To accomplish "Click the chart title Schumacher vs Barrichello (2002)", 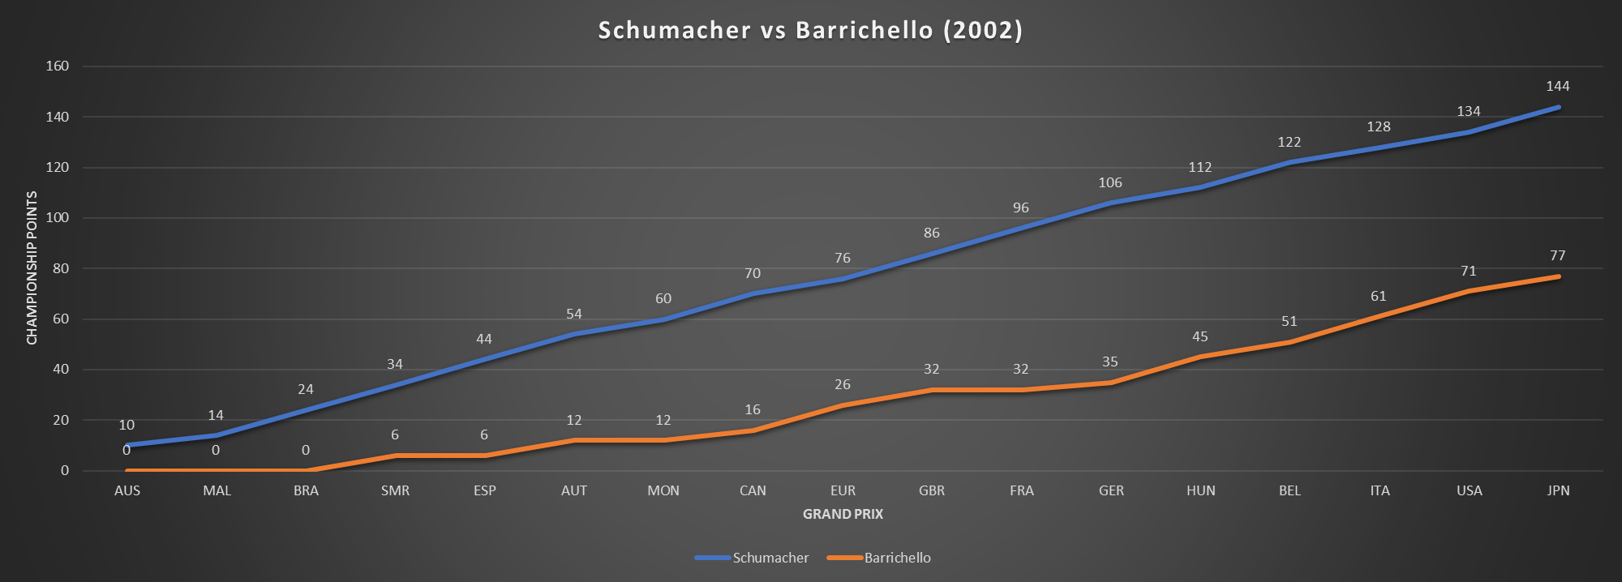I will (810, 30).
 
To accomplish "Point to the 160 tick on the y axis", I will (58, 66).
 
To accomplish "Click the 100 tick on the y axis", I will (58, 218).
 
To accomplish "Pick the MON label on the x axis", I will (663, 490).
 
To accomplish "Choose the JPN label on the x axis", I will (1558, 490).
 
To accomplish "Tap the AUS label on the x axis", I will (127, 490).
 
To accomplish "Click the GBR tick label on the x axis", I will (932, 490).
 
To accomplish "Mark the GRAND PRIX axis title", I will (843, 514).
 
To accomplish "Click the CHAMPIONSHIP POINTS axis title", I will (32, 267).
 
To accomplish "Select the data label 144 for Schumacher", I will (1557, 86).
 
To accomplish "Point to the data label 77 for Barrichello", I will (1557, 255).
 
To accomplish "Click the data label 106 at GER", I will (1110, 182).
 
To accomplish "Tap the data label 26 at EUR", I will (843, 384).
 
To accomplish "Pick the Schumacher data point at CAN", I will (753, 293).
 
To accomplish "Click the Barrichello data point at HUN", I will (1200, 357).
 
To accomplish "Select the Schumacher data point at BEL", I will (1289, 162).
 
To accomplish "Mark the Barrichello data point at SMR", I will (395, 456).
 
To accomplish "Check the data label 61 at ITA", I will (1379, 296).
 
